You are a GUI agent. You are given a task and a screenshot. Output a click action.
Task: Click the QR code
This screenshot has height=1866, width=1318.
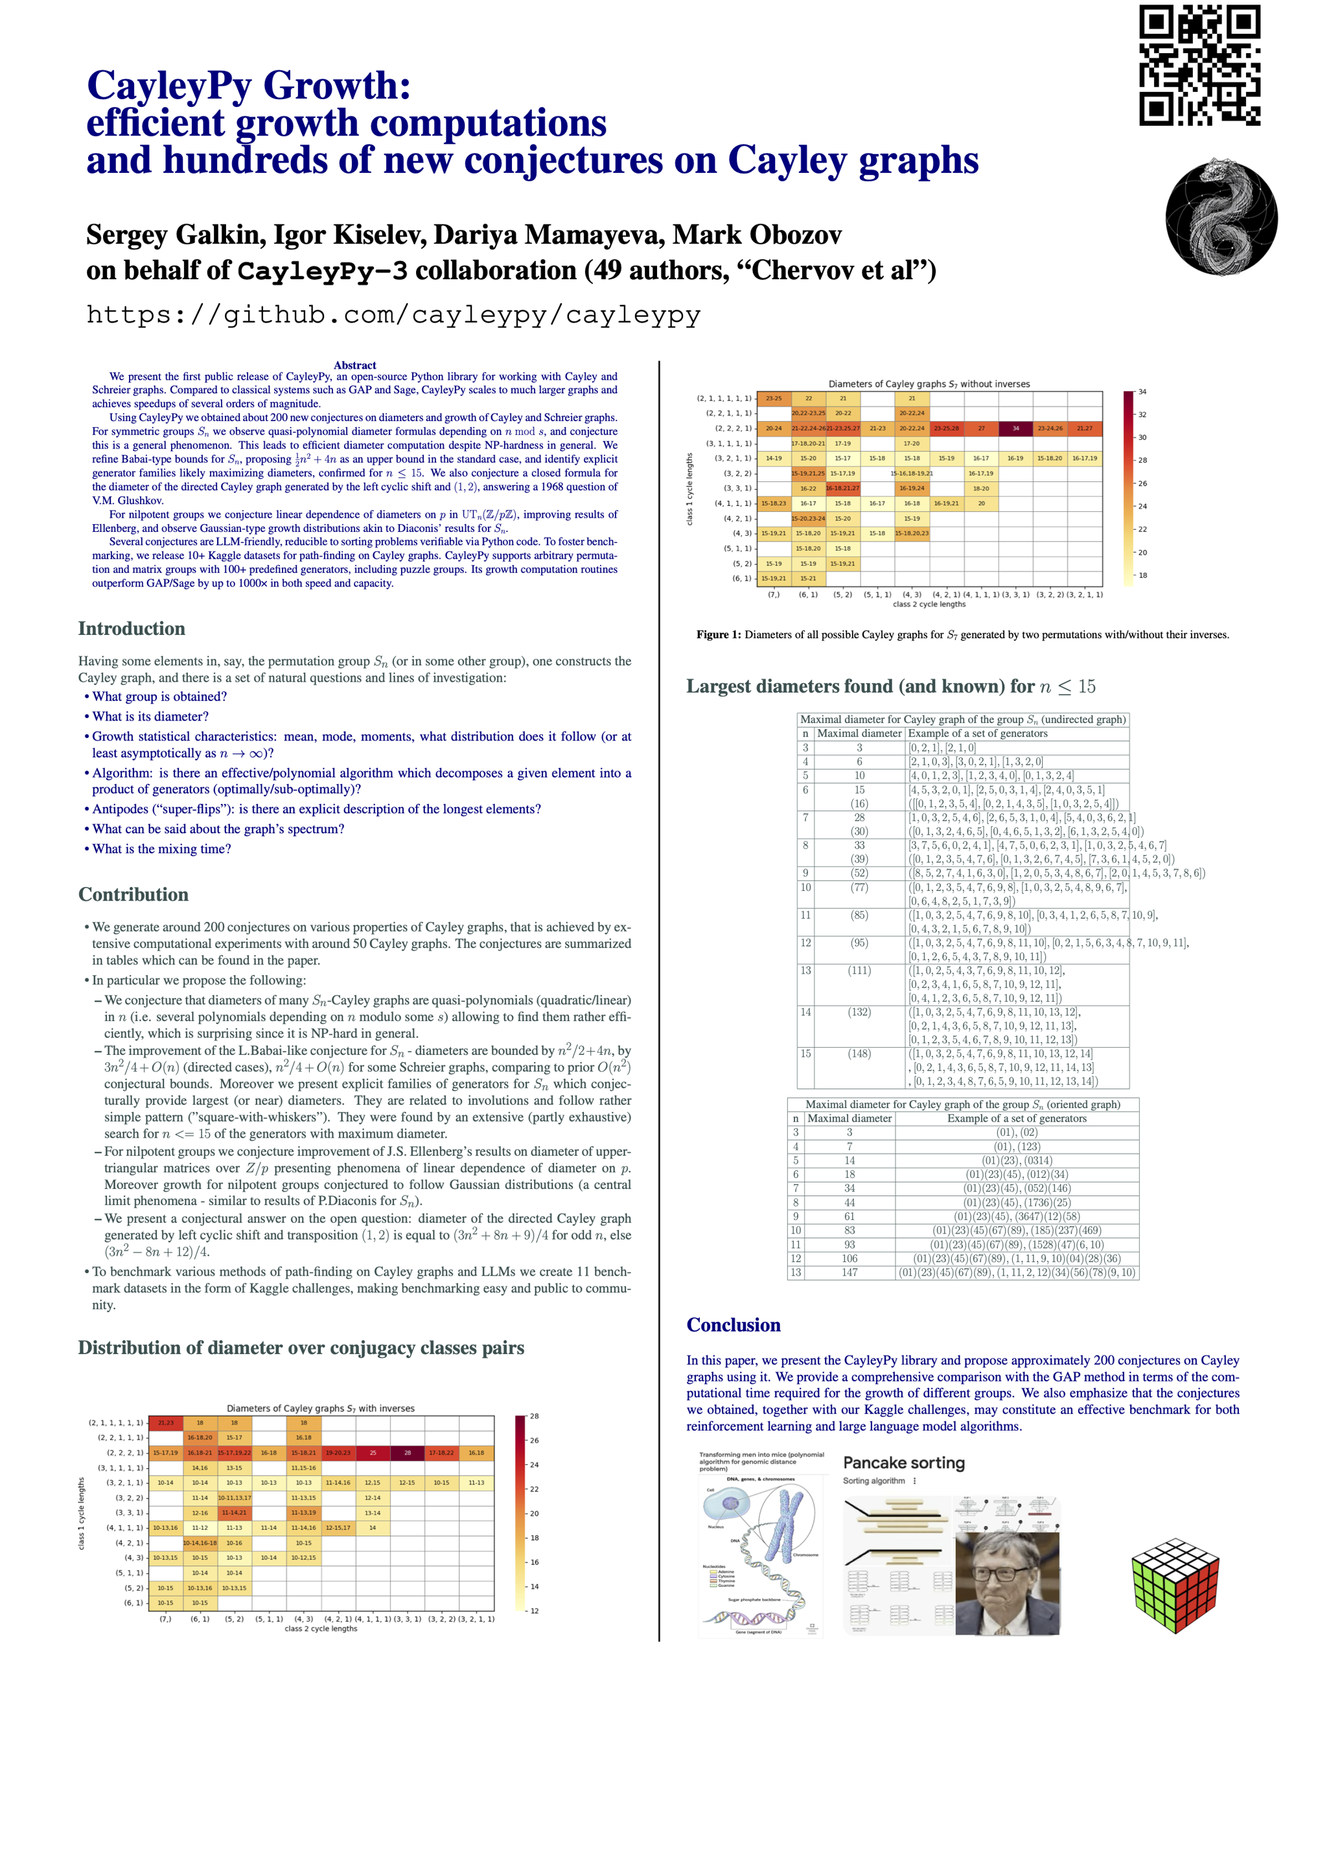1199,65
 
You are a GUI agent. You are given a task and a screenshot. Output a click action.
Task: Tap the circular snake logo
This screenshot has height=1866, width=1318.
1221,217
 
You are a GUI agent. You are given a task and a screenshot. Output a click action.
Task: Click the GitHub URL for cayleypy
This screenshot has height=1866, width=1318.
393,314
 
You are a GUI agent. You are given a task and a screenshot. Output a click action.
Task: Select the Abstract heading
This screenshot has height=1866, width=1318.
355,365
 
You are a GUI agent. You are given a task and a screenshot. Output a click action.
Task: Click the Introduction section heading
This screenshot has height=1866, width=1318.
132,628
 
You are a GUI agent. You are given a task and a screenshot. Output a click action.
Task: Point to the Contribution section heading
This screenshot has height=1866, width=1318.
133,894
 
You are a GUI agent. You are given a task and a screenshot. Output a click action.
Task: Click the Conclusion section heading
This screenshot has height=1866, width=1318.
733,1325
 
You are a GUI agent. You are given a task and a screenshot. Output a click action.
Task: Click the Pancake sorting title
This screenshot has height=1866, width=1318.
903,1463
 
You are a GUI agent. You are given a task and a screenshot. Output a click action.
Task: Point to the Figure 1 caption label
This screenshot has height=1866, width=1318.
719,635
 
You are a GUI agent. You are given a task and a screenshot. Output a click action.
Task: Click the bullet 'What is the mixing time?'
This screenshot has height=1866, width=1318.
161,849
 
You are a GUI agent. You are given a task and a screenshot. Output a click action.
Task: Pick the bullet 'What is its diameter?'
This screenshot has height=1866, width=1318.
150,716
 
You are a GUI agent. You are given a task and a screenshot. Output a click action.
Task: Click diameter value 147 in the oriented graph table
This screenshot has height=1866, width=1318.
849,1272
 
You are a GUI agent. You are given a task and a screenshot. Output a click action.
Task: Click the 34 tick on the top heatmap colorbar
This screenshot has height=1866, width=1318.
1142,392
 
